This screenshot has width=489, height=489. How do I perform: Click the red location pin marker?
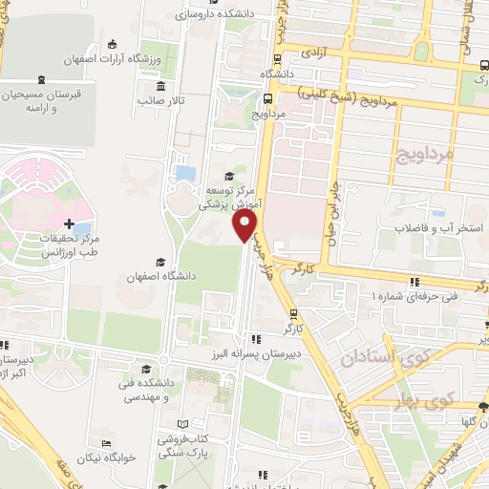[x=245, y=225]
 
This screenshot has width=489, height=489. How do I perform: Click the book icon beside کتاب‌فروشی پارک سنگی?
[x=182, y=422]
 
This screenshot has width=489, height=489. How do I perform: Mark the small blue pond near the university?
[x=185, y=174]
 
